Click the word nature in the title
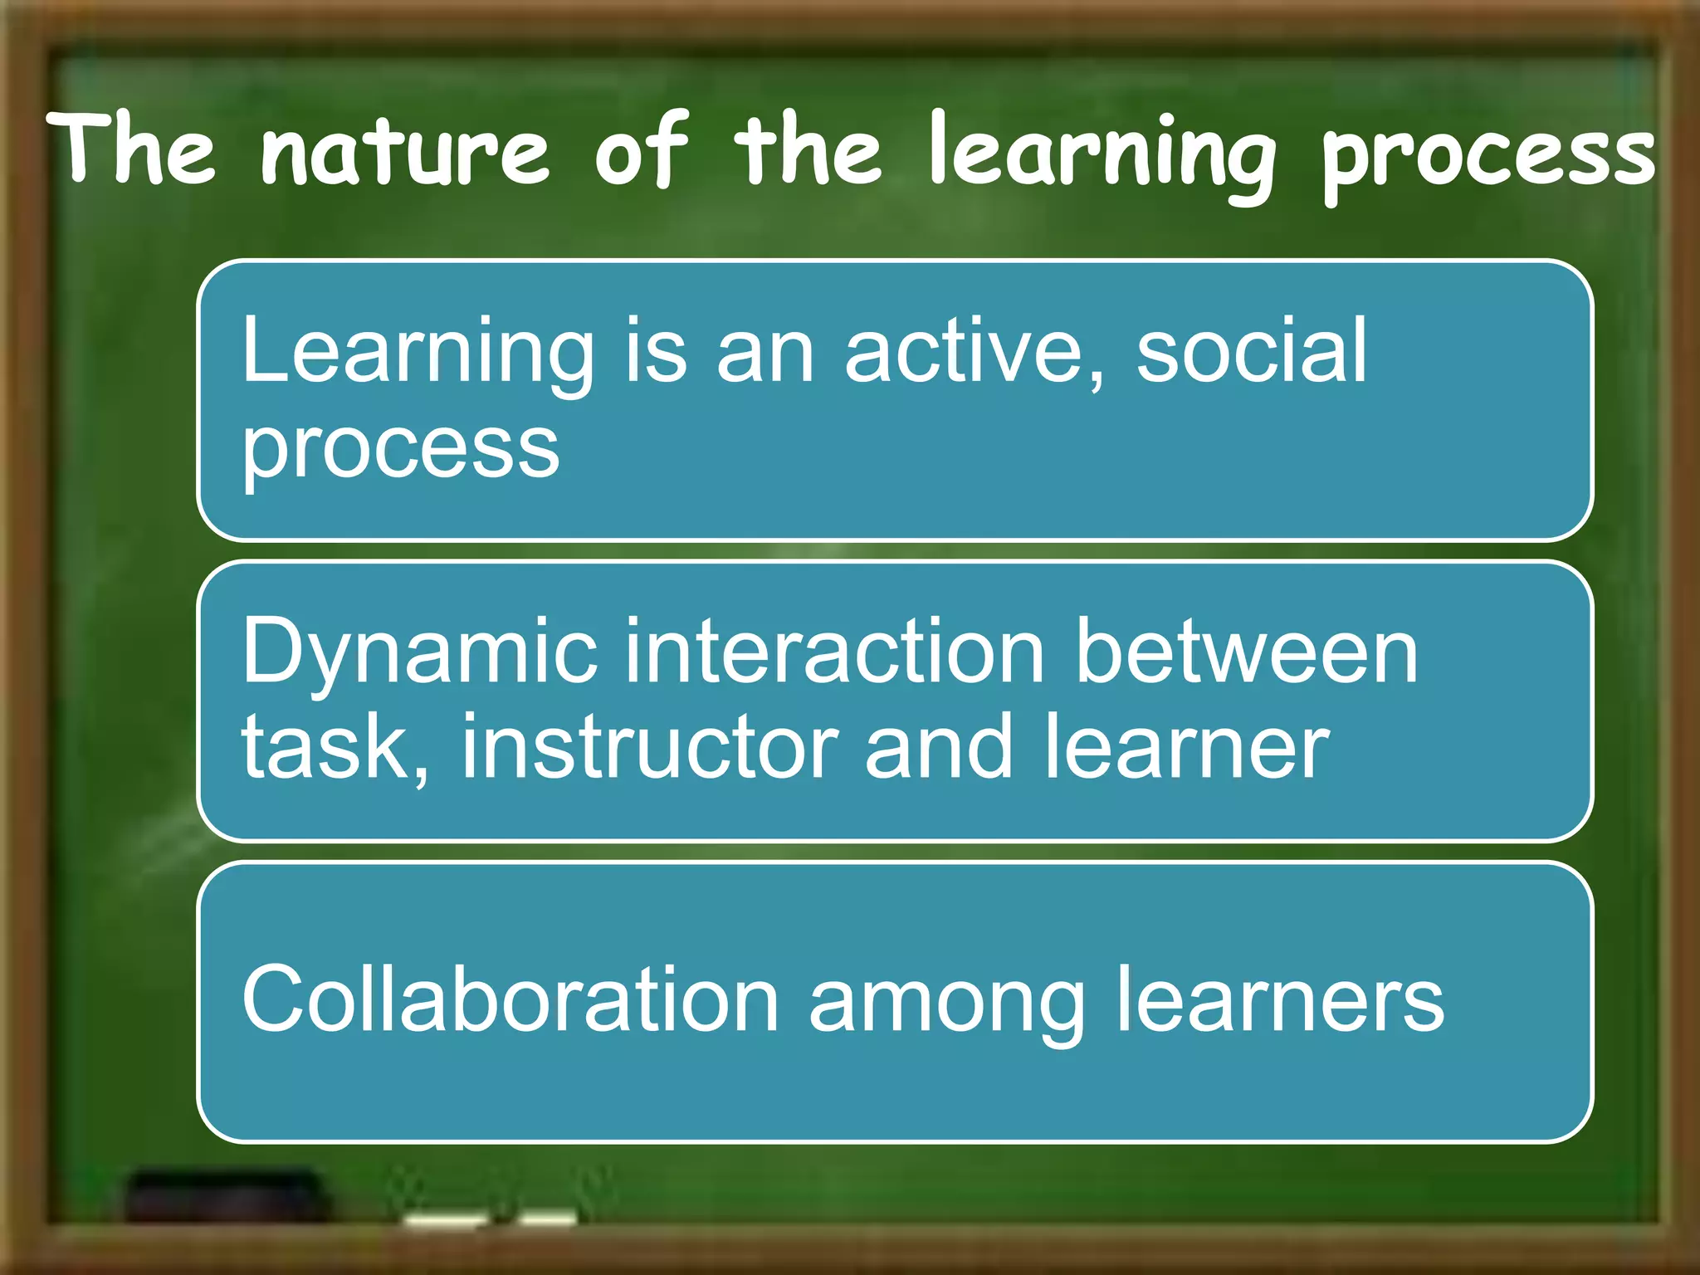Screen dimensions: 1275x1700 click(x=404, y=152)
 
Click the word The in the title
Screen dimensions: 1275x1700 click(x=132, y=149)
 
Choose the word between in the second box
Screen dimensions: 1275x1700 click(x=1246, y=652)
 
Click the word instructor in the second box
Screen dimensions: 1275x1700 click(x=650, y=747)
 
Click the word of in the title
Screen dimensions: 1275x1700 click(x=640, y=150)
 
